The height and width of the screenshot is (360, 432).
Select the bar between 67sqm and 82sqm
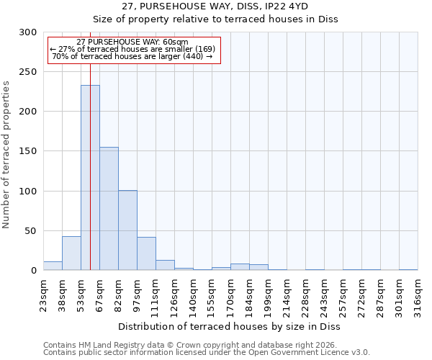(109, 209)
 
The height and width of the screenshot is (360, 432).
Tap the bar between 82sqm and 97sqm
(127, 230)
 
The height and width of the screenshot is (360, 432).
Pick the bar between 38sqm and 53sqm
(71, 253)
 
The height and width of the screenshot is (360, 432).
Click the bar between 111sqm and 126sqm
(165, 265)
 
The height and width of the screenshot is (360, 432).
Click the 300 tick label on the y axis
(28, 32)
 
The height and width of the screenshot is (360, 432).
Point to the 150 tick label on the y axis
(28, 151)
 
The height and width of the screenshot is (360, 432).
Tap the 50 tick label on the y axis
(31, 231)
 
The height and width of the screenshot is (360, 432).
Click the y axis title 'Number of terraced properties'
(6, 154)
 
